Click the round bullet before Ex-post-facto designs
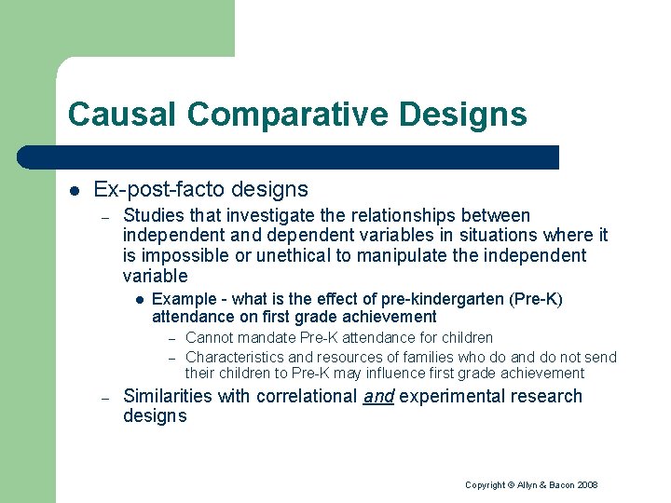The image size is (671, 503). coord(75,191)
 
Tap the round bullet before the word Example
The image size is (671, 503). coord(137,300)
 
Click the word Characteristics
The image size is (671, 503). coord(235,357)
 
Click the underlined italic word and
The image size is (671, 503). coord(378,397)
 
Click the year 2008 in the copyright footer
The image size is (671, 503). coord(586,484)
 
